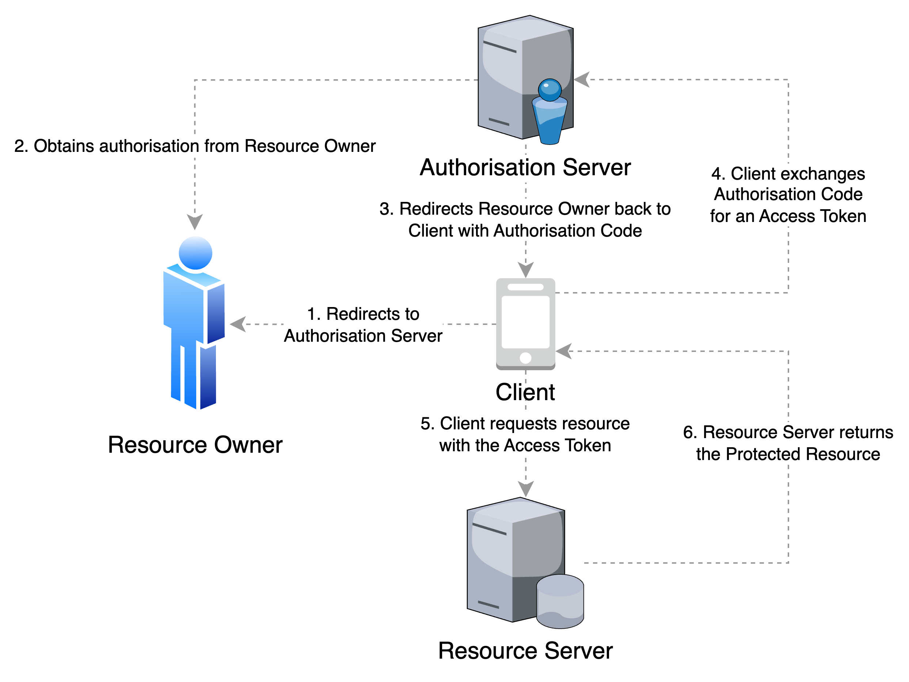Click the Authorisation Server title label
point(525,168)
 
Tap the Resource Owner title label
point(195,445)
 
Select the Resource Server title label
point(525,652)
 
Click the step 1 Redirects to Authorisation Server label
point(363,325)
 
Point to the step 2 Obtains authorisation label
point(195,146)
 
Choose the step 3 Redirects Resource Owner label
point(525,220)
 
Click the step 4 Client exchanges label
point(788,195)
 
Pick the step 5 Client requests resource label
point(525,434)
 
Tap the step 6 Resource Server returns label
point(788,443)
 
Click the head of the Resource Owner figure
point(195,252)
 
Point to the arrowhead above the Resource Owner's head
point(195,222)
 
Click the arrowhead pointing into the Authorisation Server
point(581,80)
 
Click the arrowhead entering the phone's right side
point(563,352)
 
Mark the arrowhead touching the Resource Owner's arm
point(237,324)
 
